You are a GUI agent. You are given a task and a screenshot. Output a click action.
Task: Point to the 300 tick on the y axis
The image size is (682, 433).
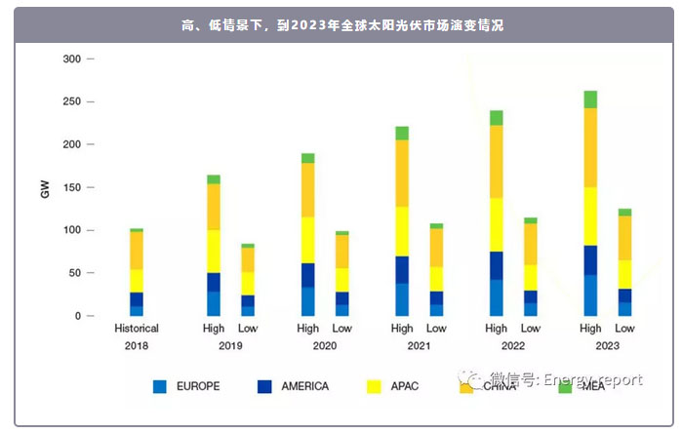71,59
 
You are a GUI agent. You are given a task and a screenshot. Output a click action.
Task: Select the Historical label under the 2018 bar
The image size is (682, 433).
137,329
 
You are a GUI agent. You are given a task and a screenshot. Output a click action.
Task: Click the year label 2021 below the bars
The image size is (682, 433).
419,346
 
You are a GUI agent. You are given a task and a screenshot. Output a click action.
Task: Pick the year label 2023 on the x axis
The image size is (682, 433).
607,346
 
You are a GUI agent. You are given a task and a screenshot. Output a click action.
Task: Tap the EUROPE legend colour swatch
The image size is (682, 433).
160,386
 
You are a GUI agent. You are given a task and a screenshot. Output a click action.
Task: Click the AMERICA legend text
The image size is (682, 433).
304,386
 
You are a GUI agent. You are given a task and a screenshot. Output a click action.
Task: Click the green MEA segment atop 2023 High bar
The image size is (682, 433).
590,99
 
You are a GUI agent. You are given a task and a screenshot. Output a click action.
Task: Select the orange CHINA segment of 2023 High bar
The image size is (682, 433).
590,147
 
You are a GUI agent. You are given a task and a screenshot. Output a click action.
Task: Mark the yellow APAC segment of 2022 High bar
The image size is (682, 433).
497,224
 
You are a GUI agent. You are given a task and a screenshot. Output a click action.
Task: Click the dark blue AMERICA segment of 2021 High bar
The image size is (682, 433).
402,269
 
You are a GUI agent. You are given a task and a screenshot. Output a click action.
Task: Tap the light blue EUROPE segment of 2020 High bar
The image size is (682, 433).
308,301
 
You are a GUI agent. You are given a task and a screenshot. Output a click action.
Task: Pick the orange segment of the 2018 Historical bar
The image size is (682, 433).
137,251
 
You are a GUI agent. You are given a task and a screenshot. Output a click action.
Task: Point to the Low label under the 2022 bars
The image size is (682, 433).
531,329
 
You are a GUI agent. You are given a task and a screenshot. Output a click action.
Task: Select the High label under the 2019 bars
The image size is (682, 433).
214,329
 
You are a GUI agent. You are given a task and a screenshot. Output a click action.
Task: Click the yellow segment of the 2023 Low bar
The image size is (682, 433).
624,274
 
